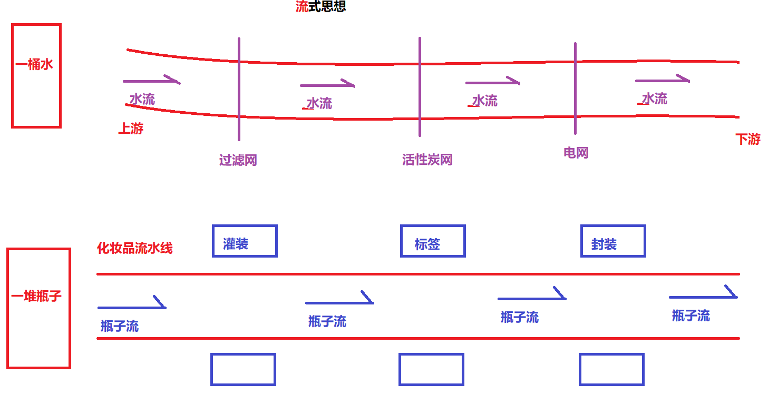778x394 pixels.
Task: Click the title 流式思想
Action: (x=320, y=7)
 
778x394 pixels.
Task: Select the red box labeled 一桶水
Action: (x=36, y=75)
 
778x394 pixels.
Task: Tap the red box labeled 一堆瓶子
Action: (x=38, y=308)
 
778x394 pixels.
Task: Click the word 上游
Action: (x=130, y=129)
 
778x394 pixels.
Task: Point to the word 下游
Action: (x=748, y=139)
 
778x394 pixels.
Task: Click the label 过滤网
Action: (x=238, y=160)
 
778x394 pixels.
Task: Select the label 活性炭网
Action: (x=427, y=160)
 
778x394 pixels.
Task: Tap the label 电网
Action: (x=576, y=153)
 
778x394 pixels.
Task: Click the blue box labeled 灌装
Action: (x=245, y=241)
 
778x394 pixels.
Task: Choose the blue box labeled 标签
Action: (x=433, y=241)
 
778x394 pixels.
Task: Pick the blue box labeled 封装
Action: (x=613, y=241)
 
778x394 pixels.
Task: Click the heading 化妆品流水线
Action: (x=135, y=248)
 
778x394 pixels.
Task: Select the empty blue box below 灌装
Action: (x=243, y=369)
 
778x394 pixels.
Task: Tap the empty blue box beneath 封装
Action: (x=611, y=369)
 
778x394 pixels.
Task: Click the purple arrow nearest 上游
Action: (x=151, y=81)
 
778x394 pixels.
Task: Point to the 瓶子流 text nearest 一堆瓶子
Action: (x=120, y=326)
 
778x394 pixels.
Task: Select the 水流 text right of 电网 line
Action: (x=654, y=98)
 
